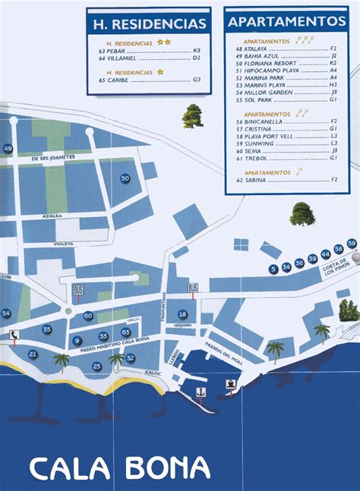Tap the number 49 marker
[x=8, y=149]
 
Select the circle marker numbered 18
[x=182, y=314]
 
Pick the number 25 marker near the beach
[x=96, y=367]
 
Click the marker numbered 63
[x=126, y=332]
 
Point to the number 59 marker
[x=351, y=243]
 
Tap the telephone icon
[x=14, y=335]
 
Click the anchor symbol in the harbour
[x=201, y=392]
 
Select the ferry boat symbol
[x=229, y=383]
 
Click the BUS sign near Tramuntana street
[x=193, y=288]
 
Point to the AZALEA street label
[x=52, y=216]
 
